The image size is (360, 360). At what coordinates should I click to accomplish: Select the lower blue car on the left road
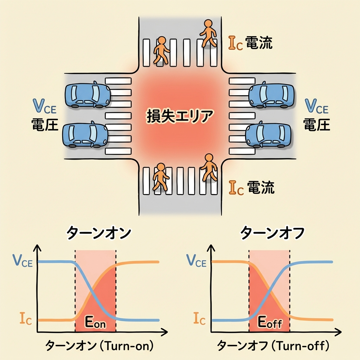point(85,135)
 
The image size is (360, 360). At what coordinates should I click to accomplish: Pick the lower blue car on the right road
point(269,135)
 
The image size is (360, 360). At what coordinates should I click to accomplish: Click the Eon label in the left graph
point(96,323)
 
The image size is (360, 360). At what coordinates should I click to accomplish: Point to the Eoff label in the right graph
point(270,322)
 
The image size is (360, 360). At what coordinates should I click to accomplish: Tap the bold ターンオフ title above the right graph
point(272,233)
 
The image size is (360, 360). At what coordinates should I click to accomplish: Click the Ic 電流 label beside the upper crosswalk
point(250,43)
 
